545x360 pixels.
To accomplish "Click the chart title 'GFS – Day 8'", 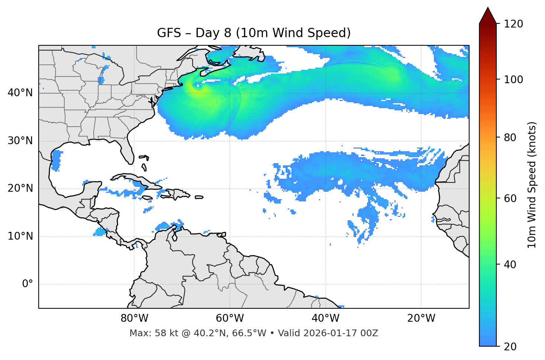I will coord(254,33).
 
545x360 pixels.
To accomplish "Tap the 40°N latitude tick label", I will coord(20,93).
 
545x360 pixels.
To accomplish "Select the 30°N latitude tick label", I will coord(20,141).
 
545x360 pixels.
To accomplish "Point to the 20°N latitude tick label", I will coord(20,188).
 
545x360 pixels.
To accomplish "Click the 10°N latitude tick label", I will coord(20,236).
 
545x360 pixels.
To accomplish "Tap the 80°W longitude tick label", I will coord(134,318).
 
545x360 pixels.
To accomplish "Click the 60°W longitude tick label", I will coord(230,318).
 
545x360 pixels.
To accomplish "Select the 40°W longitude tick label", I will coord(325,318).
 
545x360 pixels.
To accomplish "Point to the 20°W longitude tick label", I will coord(421,318).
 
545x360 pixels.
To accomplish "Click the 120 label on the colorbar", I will coord(513,24).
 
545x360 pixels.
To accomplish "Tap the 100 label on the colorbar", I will coord(513,80).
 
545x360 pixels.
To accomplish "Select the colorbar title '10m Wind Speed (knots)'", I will coord(532,185).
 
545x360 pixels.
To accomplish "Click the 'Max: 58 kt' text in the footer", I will coord(147,333).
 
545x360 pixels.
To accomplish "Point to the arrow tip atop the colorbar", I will coord(488,8).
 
